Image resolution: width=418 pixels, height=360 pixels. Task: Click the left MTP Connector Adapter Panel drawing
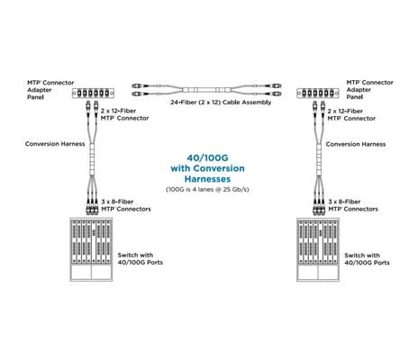tap(93, 94)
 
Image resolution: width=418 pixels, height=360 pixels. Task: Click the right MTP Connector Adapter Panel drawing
tap(318, 94)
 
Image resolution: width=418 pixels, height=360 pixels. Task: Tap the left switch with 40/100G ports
tap(91, 249)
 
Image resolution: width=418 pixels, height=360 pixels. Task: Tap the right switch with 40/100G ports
tap(318, 249)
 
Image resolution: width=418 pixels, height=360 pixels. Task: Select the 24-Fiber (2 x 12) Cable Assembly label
tap(221, 103)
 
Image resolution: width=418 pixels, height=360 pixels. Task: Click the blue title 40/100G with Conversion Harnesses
tap(207, 168)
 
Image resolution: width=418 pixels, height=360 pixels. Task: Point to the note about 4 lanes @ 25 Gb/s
tap(207, 190)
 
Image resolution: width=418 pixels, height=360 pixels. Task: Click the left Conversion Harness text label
tap(55, 144)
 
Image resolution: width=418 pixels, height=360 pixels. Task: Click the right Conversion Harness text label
tap(356, 144)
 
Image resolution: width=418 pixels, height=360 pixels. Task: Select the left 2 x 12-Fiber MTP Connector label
tap(124, 114)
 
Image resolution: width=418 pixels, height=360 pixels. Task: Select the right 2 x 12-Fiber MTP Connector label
tap(351, 115)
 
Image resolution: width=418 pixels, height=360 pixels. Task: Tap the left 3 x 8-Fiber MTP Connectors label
tap(126, 205)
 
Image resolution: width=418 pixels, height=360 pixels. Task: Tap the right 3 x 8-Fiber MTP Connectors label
tap(353, 205)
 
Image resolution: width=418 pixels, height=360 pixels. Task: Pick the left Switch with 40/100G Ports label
tap(141, 258)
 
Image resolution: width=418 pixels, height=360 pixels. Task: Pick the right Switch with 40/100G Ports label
tap(367, 259)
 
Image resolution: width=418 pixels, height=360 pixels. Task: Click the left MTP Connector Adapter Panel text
tap(50, 90)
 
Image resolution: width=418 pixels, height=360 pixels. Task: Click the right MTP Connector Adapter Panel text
tap(369, 89)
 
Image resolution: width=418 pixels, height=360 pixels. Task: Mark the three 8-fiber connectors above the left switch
tap(92, 207)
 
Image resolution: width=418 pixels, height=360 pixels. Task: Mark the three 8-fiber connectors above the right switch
tap(319, 207)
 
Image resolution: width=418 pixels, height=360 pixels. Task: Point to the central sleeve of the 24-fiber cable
tap(206, 90)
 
